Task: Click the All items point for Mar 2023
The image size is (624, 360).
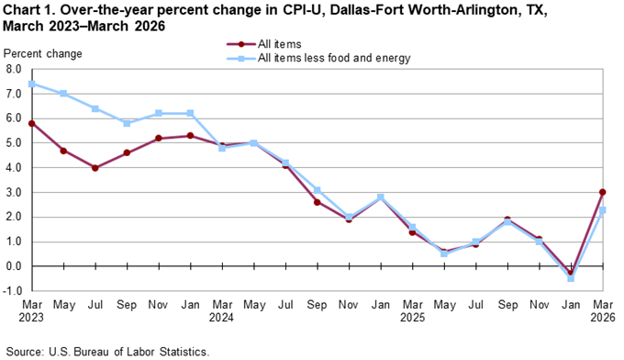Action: pos(32,123)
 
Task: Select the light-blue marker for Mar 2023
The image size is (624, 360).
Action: pos(32,84)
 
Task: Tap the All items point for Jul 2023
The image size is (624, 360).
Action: pos(95,167)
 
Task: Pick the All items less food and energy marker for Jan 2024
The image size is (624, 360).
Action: pos(190,113)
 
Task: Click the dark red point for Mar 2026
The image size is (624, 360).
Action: pos(601,192)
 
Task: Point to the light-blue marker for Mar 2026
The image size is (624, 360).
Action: pos(601,209)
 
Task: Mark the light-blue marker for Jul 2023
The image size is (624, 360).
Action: pos(95,108)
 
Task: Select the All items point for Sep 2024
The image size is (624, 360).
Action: pos(317,202)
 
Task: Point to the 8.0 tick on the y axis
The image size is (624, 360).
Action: pos(16,69)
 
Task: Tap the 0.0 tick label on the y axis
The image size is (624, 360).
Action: pos(16,266)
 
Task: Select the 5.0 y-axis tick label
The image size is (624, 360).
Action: pos(16,143)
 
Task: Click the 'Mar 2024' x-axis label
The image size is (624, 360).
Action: pos(222,311)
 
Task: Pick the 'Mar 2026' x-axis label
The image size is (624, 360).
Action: pos(601,311)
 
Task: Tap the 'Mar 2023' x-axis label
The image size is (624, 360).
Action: pos(32,311)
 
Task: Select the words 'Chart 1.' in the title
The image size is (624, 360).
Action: pos(29,10)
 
